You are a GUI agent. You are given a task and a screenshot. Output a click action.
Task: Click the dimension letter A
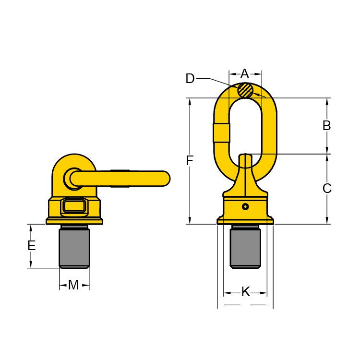pos(245,74)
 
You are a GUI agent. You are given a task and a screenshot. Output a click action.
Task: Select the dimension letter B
pos(326,126)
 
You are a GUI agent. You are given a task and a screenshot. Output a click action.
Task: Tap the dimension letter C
pos(327,189)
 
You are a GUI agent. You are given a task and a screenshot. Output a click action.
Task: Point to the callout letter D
pos(190,79)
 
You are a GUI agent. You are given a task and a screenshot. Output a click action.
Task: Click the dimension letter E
pos(32,245)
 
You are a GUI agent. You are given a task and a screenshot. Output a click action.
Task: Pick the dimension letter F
pos(190,160)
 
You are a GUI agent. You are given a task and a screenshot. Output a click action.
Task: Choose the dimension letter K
pos(246,292)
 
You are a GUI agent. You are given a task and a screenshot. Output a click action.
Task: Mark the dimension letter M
pos(73,285)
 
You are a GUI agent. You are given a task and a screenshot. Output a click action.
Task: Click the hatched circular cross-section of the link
pos(245,90)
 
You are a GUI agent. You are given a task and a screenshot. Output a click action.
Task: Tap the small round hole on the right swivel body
pos(245,206)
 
